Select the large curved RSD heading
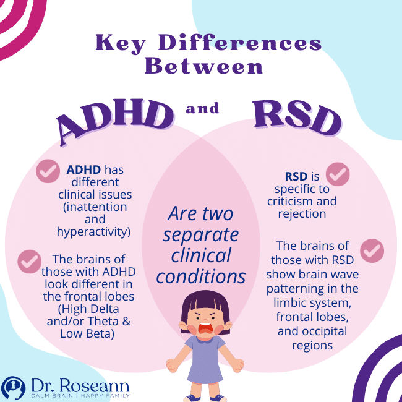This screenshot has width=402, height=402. (297, 118)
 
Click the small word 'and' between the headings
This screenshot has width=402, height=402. (202, 109)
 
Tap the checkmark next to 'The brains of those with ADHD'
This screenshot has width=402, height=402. (29, 261)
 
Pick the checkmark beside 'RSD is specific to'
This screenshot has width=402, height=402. (338, 174)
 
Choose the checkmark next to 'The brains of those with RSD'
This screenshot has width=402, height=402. (372, 250)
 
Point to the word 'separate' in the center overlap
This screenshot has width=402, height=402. (202, 235)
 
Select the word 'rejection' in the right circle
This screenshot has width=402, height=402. (302, 213)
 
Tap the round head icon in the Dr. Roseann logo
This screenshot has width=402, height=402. (13, 387)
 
